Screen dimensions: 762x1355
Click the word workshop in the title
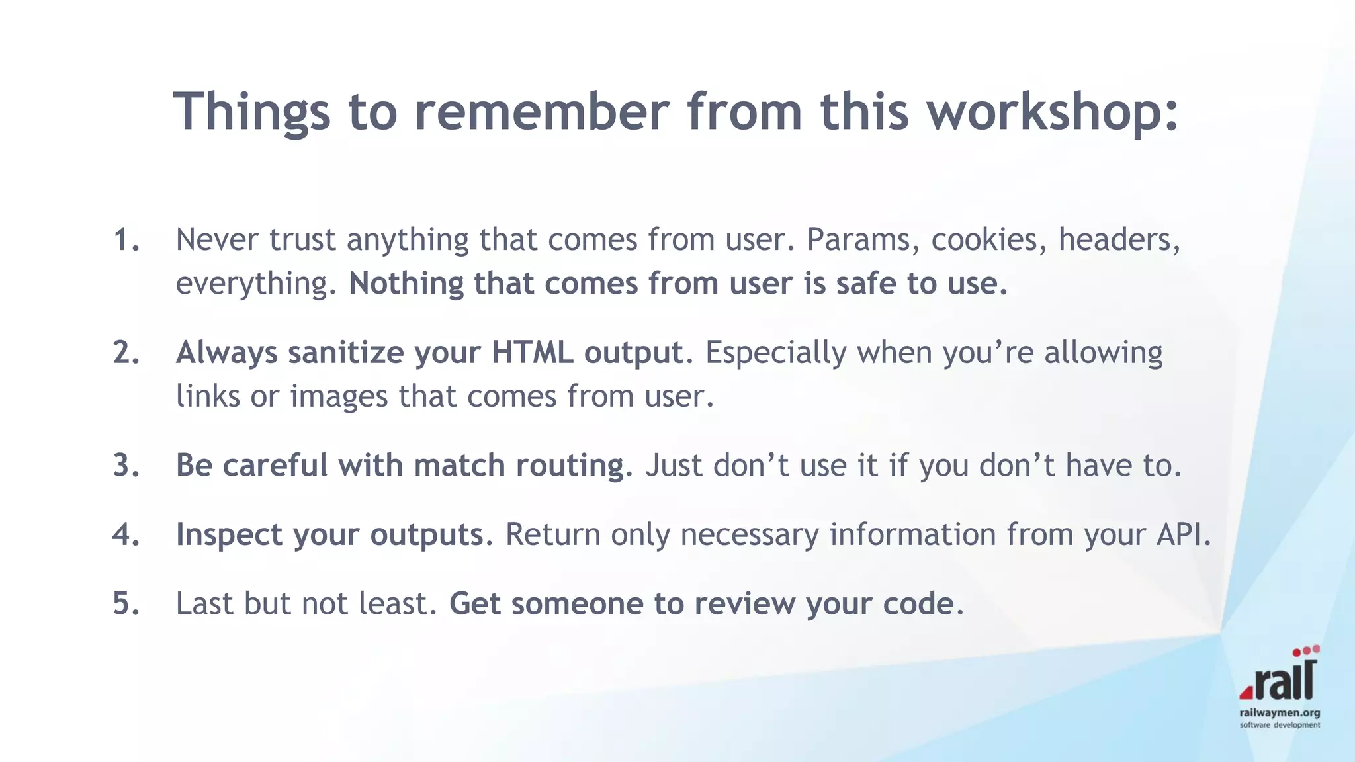(x=1052, y=111)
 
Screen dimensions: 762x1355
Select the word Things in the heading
(x=251, y=111)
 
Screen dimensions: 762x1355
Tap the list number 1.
(x=126, y=239)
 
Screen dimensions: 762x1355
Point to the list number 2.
(x=126, y=353)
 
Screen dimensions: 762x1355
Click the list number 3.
(x=126, y=466)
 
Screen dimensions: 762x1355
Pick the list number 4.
(x=126, y=534)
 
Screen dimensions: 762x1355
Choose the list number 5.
(x=126, y=604)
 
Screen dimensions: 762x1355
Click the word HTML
(x=532, y=353)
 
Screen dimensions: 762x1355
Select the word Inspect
(x=229, y=534)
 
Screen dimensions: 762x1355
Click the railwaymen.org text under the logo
(x=1280, y=713)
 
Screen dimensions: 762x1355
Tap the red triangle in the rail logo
(x=1246, y=692)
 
